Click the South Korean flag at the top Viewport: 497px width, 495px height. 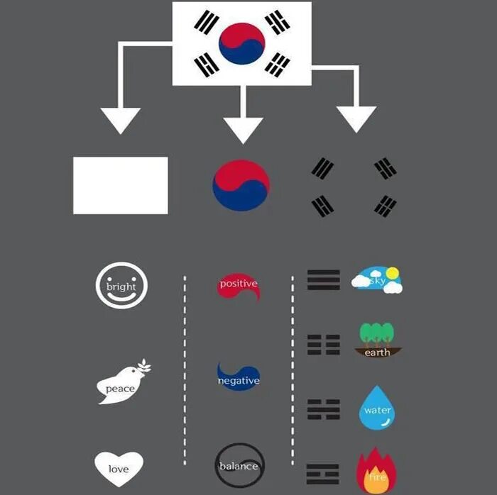[x=242, y=43]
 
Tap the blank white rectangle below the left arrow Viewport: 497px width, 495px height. [x=121, y=185]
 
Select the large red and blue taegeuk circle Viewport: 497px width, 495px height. [x=241, y=185]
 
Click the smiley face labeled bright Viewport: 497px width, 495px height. [x=121, y=286]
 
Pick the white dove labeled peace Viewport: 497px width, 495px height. [x=122, y=384]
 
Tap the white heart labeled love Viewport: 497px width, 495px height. [x=119, y=467]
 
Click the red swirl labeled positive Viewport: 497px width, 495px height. [x=238, y=284]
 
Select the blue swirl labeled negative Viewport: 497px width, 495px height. [x=238, y=377]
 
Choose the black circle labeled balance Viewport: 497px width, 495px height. [x=239, y=465]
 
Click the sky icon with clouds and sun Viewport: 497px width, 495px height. [x=377, y=280]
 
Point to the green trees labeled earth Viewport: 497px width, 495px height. [x=377, y=340]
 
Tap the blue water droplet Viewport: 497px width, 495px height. [x=377, y=408]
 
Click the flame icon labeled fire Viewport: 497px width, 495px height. [x=376, y=469]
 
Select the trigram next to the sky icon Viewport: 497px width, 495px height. [x=323, y=280]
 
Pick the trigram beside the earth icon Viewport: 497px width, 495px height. [x=323, y=345]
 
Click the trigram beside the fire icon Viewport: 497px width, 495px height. [x=323, y=472]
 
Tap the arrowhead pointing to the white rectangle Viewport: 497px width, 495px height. [x=121, y=119]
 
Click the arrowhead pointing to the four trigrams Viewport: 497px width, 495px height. [x=356, y=118]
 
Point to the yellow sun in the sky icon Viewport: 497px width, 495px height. [x=391, y=272]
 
